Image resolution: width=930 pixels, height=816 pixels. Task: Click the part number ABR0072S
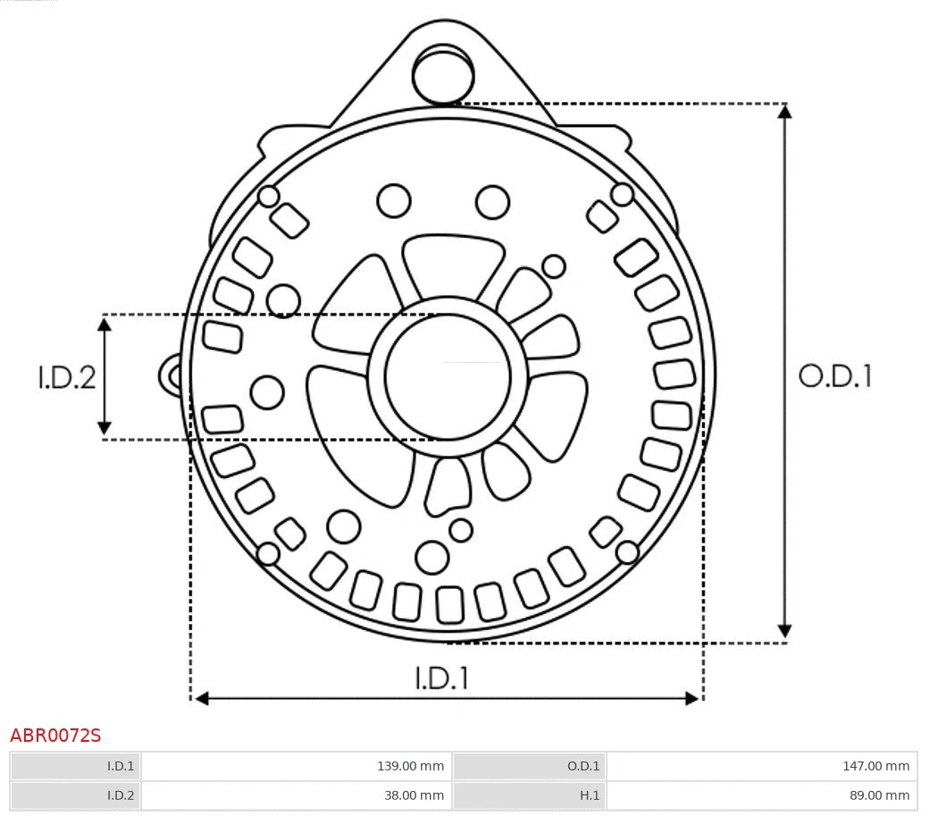click(x=55, y=736)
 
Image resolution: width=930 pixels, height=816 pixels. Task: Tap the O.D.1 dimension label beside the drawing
click(x=834, y=376)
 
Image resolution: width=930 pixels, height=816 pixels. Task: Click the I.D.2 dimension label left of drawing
click(x=66, y=377)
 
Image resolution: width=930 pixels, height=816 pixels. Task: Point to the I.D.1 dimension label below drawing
click(x=441, y=678)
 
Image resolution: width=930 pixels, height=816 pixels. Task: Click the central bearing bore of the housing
click(x=448, y=376)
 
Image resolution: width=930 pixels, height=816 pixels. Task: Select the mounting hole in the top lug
click(x=443, y=74)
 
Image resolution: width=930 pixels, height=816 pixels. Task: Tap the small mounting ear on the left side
click(x=170, y=375)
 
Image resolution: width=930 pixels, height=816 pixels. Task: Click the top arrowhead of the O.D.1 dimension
click(x=784, y=111)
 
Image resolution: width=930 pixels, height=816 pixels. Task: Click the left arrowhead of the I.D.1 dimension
click(x=201, y=698)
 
